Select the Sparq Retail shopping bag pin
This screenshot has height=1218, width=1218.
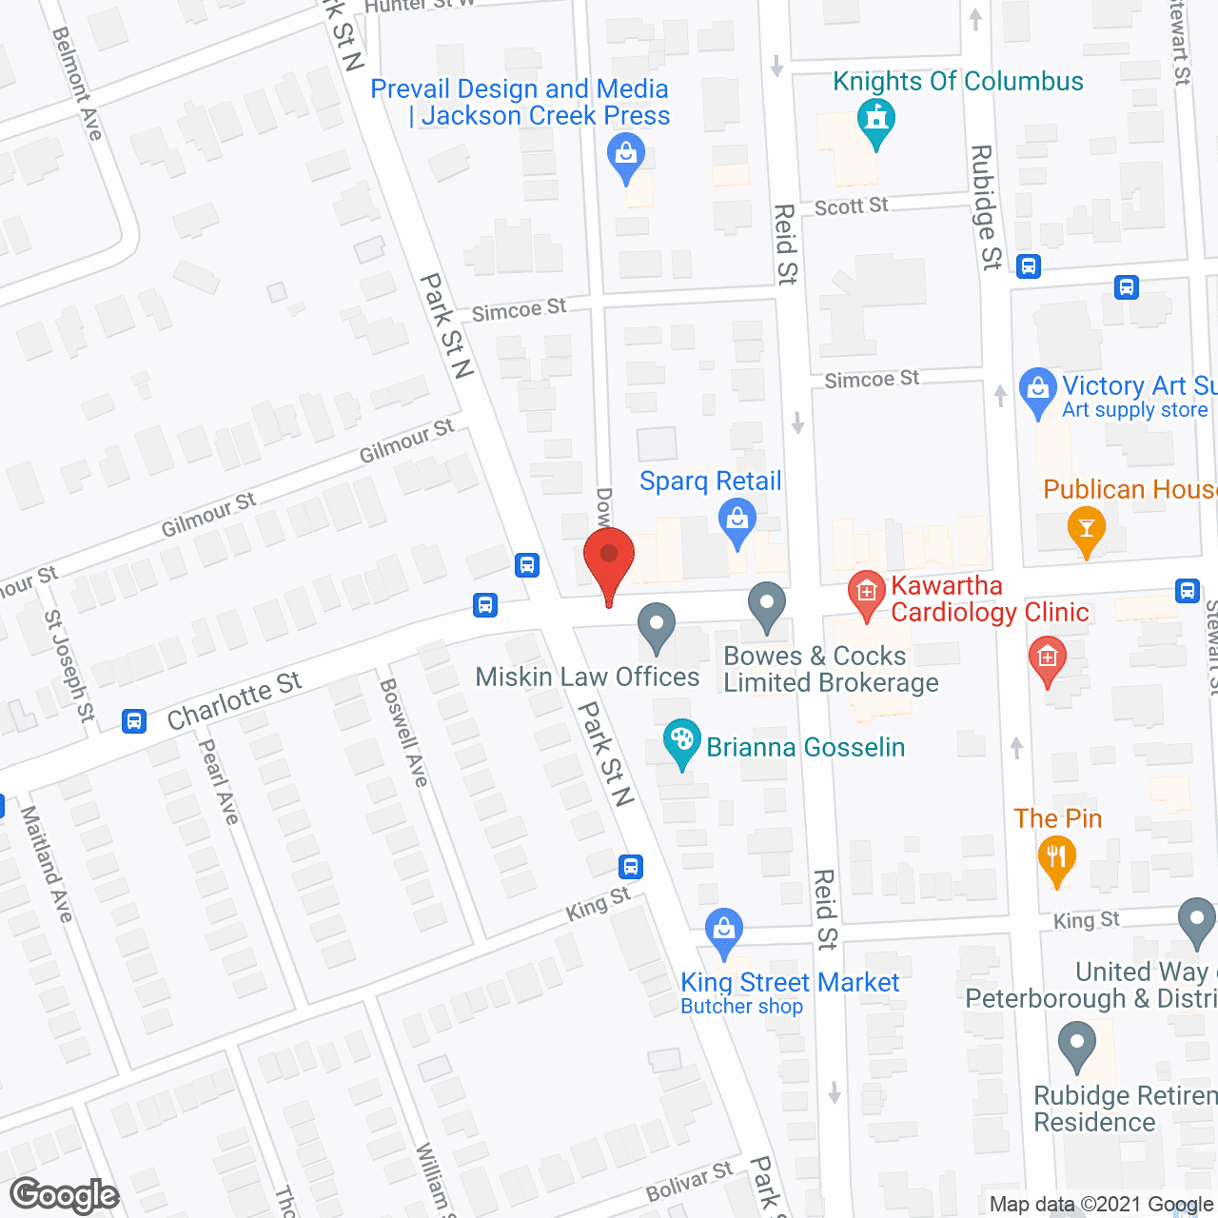[737, 522]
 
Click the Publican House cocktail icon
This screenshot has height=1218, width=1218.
[1087, 527]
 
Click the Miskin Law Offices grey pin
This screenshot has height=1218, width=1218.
[656, 627]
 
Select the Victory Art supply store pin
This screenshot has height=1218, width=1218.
[1037, 391]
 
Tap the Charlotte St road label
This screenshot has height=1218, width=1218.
[234, 701]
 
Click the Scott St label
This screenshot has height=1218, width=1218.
[852, 206]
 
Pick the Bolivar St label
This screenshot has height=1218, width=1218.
[690, 1181]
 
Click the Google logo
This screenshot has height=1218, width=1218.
[65, 1195]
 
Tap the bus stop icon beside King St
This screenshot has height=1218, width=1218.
[630, 867]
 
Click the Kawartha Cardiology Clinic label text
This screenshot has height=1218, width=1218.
[990, 599]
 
